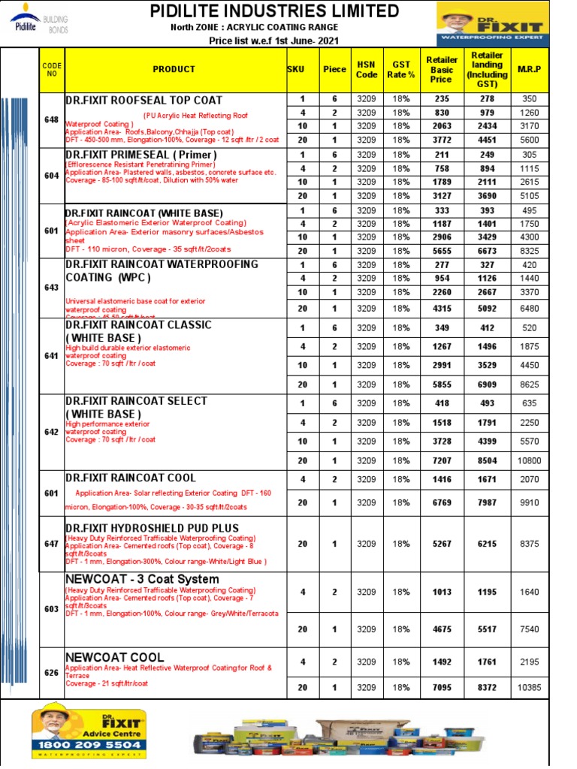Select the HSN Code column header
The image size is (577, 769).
click(367, 69)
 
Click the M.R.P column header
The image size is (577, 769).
click(529, 69)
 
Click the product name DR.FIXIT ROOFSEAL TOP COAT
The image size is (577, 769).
click(143, 100)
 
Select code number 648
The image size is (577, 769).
click(51, 119)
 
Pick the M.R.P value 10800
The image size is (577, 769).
click(529, 460)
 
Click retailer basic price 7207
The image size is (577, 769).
click(441, 460)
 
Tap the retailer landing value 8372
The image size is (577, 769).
click(487, 687)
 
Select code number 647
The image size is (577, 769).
click(51, 544)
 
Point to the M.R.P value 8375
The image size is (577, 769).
click(529, 544)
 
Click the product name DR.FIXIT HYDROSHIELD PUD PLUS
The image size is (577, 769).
click(152, 528)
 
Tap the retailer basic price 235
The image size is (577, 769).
click(441, 99)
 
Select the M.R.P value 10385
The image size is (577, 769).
click(529, 687)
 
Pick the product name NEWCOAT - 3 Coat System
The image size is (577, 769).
click(142, 579)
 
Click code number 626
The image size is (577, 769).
click(51, 673)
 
